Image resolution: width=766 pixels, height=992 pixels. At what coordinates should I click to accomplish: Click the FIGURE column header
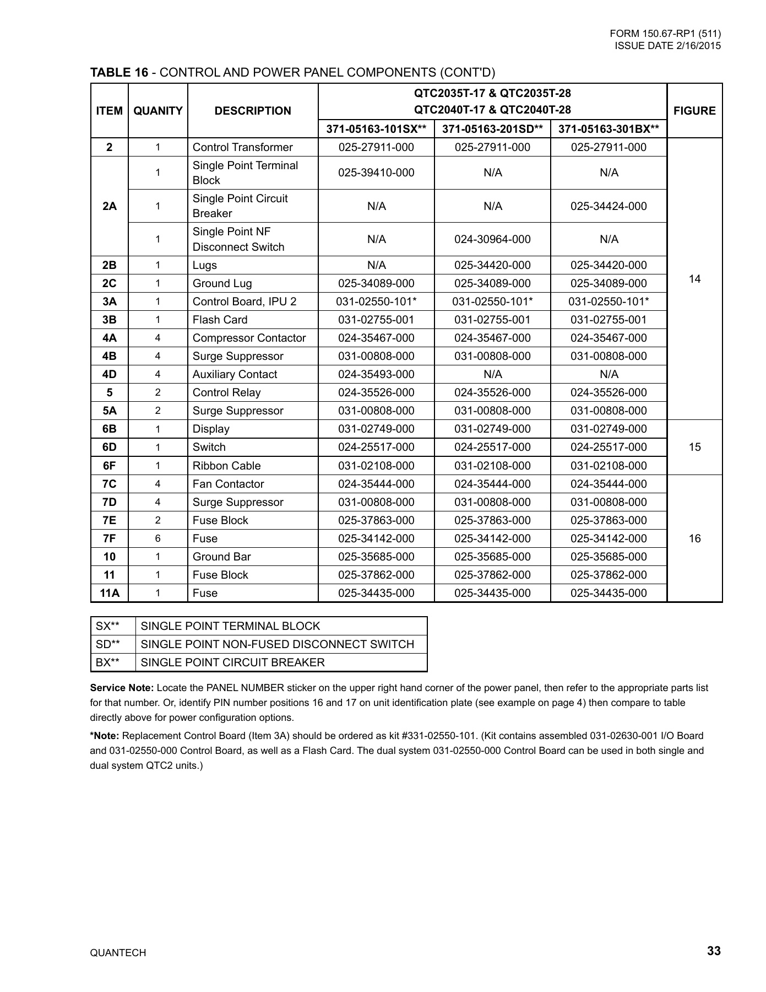[694, 111]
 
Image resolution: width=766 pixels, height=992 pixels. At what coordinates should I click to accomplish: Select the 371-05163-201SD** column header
[492, 130]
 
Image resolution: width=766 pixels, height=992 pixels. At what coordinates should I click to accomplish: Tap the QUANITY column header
[157, 111]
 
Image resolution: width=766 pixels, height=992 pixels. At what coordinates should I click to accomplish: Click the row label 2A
[110, 206]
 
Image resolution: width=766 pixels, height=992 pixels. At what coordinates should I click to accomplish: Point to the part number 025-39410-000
[376, 173]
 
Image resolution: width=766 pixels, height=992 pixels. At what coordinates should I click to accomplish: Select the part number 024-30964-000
[492, 239]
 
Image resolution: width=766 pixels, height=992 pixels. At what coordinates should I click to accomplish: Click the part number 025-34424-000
[609, 206]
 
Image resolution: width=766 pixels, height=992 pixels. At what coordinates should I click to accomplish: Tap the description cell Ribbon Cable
[226, 466]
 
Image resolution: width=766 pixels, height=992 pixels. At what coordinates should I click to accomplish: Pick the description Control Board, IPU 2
[244, 301]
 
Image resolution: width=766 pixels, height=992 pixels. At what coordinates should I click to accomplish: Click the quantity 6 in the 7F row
[157, 538]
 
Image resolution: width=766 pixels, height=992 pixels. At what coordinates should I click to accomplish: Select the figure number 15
[694, 447]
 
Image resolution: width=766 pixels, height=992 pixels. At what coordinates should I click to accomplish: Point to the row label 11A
[110, 593]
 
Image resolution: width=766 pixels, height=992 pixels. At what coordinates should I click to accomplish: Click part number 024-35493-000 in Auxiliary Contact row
[376, 374]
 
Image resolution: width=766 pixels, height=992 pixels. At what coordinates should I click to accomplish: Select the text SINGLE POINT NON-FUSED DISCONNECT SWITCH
[277, 644]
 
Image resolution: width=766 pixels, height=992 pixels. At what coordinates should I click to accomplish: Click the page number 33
[714, 951]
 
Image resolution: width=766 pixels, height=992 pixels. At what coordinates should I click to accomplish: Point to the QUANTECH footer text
[118, 953]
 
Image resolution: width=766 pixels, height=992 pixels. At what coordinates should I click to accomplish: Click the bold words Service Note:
[122, 688]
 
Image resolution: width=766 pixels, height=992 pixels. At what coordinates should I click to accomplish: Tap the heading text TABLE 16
[119, 72]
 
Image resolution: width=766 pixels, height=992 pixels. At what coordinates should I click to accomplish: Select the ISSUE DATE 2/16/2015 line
[667, 46]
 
